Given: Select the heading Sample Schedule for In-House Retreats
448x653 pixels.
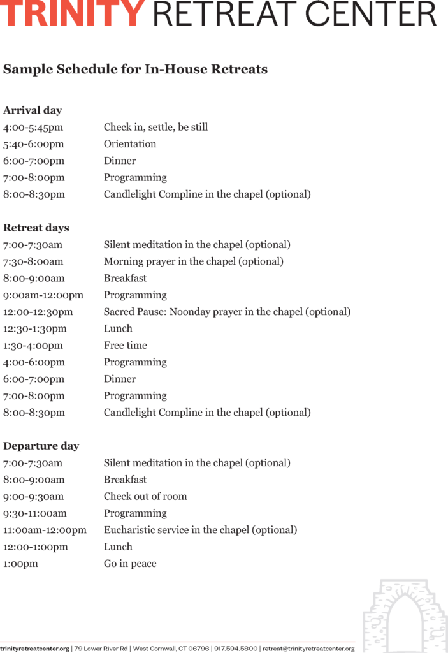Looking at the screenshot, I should (135, 69).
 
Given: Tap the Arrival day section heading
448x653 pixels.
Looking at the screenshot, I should (33, 110).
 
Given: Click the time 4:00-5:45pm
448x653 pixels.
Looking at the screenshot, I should (33, 127).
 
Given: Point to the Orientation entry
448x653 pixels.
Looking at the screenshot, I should (130, 144).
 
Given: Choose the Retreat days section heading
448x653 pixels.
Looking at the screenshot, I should (36, 228).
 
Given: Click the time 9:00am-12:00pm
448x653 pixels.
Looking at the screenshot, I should (43, 295).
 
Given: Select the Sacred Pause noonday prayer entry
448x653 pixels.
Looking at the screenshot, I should (227, 312).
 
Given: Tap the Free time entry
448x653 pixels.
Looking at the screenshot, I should (126, 346).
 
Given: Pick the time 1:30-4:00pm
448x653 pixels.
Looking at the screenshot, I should (33, 346).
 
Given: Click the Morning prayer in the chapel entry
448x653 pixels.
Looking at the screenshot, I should (194, 261).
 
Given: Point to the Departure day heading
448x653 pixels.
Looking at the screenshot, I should (41, 446).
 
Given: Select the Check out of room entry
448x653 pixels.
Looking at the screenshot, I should (145, 496).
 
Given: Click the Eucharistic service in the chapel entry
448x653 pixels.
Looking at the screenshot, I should (200, 530).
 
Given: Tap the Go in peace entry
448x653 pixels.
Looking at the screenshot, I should (130, 564).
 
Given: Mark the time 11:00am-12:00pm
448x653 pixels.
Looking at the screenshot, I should (45, 530).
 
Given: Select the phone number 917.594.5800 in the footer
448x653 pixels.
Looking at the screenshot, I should (235, 649).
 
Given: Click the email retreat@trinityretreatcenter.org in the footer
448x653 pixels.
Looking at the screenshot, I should (308, 649).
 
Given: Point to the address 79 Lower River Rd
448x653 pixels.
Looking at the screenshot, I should (101, 649).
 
